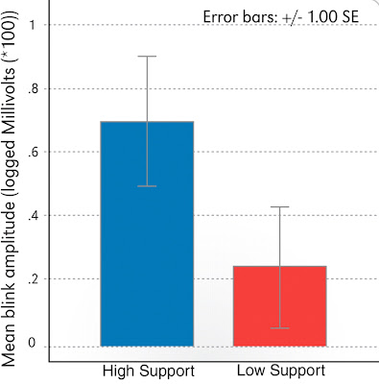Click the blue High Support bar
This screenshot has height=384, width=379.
click(147, 234)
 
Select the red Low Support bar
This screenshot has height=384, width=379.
click(280, 306)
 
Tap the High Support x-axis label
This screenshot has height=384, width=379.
click(149, 372)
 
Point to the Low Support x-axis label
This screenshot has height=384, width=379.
click(281, 371)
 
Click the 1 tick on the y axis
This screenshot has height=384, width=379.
click(32, 25)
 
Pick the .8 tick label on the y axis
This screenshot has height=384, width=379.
click(33, 88)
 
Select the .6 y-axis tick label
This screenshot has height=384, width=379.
click(33, 152)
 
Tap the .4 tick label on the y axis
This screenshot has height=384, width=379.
click(33, 215)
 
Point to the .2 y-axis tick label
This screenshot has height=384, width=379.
click(33, 278)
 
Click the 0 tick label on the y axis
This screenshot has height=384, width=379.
click(32, 343)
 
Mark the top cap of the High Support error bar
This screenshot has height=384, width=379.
click(147, 57)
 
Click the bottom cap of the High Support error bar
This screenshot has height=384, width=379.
click(147, 186)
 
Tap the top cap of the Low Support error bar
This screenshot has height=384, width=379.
click(280, 207)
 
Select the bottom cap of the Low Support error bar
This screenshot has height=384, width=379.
click(280, 328)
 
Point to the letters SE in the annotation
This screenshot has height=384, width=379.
click(350, 16)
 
